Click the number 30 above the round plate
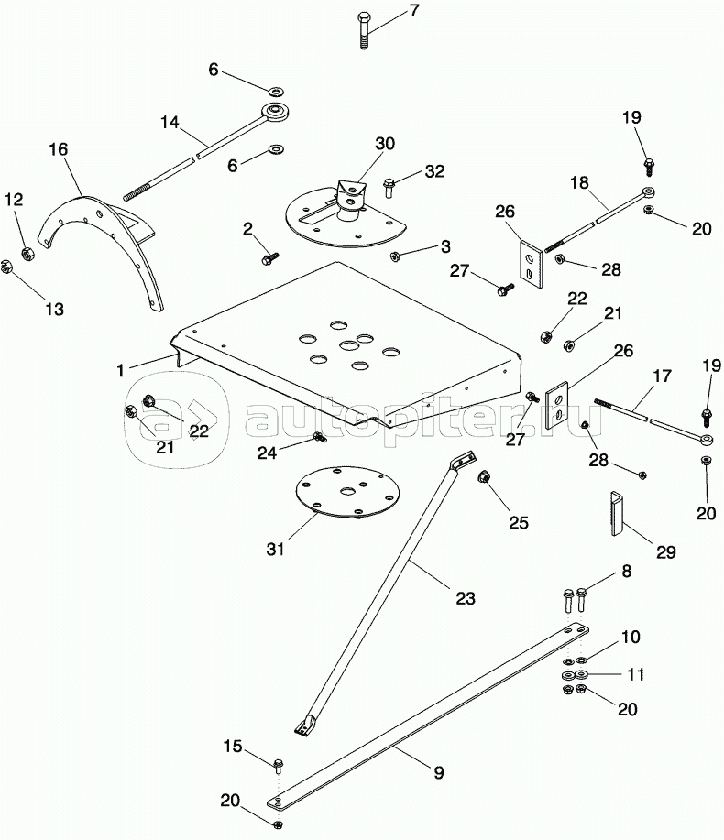pos(384,143)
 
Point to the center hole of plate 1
pos(347,345)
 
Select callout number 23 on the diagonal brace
pos(466,599)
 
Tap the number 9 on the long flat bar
pos(438,773)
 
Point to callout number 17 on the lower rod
pos(661,376)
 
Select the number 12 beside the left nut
pos(14,199)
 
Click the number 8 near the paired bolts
pos(626,571)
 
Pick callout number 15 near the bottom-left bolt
pos(235,747)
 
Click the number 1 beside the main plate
pos(120,369)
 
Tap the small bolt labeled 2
pos(270,259)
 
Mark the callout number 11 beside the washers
pos(635,674)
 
